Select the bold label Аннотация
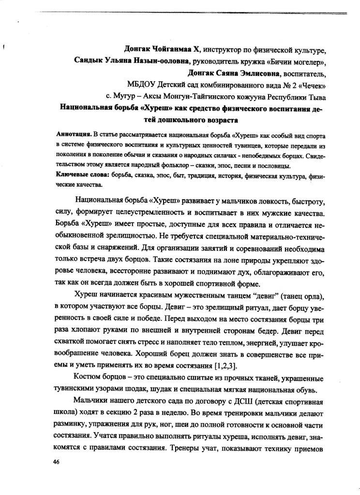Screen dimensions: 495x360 (73, 133)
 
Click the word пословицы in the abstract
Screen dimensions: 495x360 (272, 166)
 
